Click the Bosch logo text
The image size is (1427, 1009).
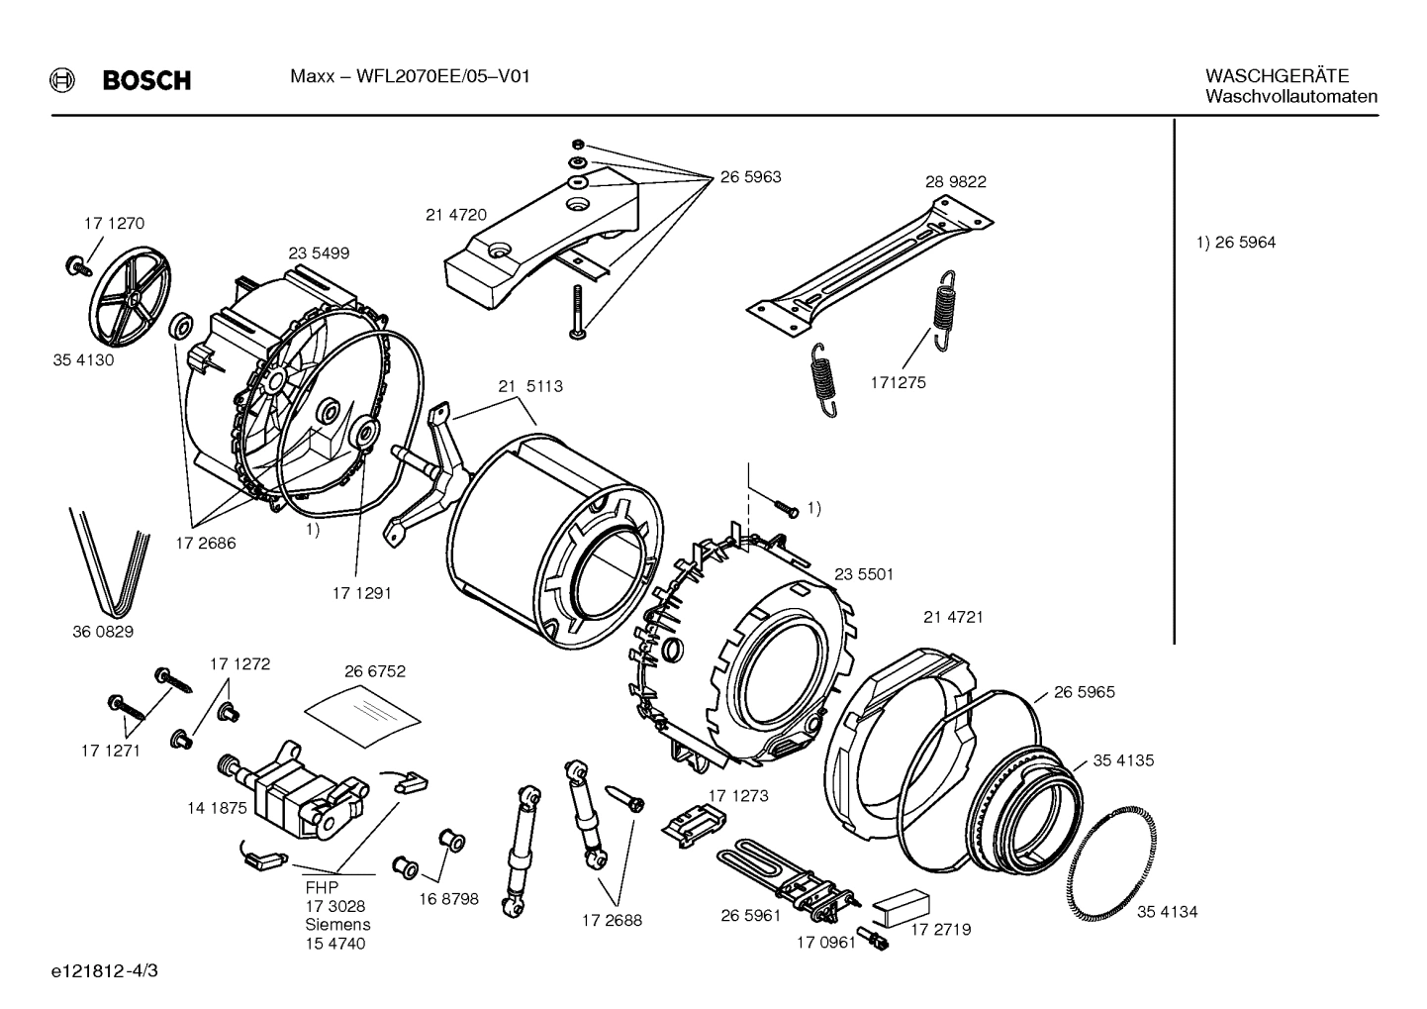[146, 80]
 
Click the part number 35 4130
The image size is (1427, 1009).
[83, 360]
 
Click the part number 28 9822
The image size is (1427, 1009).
[955, 182]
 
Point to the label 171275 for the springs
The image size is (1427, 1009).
[898, 382]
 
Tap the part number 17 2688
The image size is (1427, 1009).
[611, 920]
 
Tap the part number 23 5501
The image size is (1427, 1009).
[863, 574]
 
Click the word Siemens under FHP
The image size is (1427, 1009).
[337, 924]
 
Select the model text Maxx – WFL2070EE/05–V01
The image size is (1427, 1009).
[410, 76]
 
